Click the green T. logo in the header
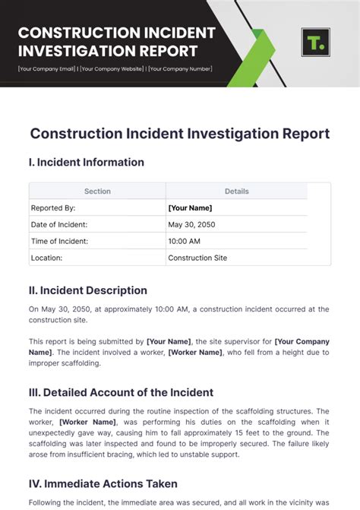315,42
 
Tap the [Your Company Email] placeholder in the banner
46,69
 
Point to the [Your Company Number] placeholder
180,69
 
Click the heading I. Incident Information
86,162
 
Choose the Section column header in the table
97,192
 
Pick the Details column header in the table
236,192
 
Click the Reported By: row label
52,207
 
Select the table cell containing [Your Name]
190,207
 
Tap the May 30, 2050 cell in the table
191,224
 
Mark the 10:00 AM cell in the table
185,241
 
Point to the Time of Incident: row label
59,241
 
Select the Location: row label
46,258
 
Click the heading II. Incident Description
88,290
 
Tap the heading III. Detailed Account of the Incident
121,393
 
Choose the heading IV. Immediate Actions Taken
103,483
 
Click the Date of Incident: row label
58,224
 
